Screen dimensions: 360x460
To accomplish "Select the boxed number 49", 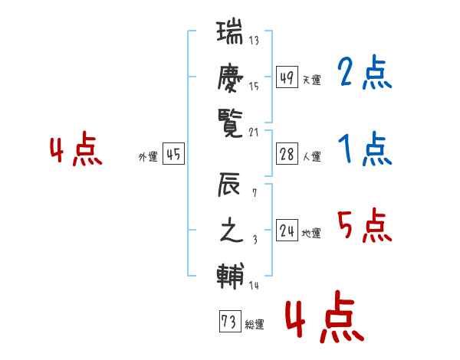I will (x=286, y=77).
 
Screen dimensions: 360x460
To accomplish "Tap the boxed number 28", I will (x=286, y=155).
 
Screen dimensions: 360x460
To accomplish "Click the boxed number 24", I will (x=286, y=231).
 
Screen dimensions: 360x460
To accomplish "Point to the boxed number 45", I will (x=173, y=155).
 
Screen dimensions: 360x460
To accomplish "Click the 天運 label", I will (x=311, y=80).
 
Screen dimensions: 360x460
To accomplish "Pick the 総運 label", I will (x=255, y=325).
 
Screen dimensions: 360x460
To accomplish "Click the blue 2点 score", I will (x=364, y=74).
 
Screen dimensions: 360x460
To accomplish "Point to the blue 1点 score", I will (x=364, y=149).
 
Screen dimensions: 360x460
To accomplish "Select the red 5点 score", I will (x=364, y=226).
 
